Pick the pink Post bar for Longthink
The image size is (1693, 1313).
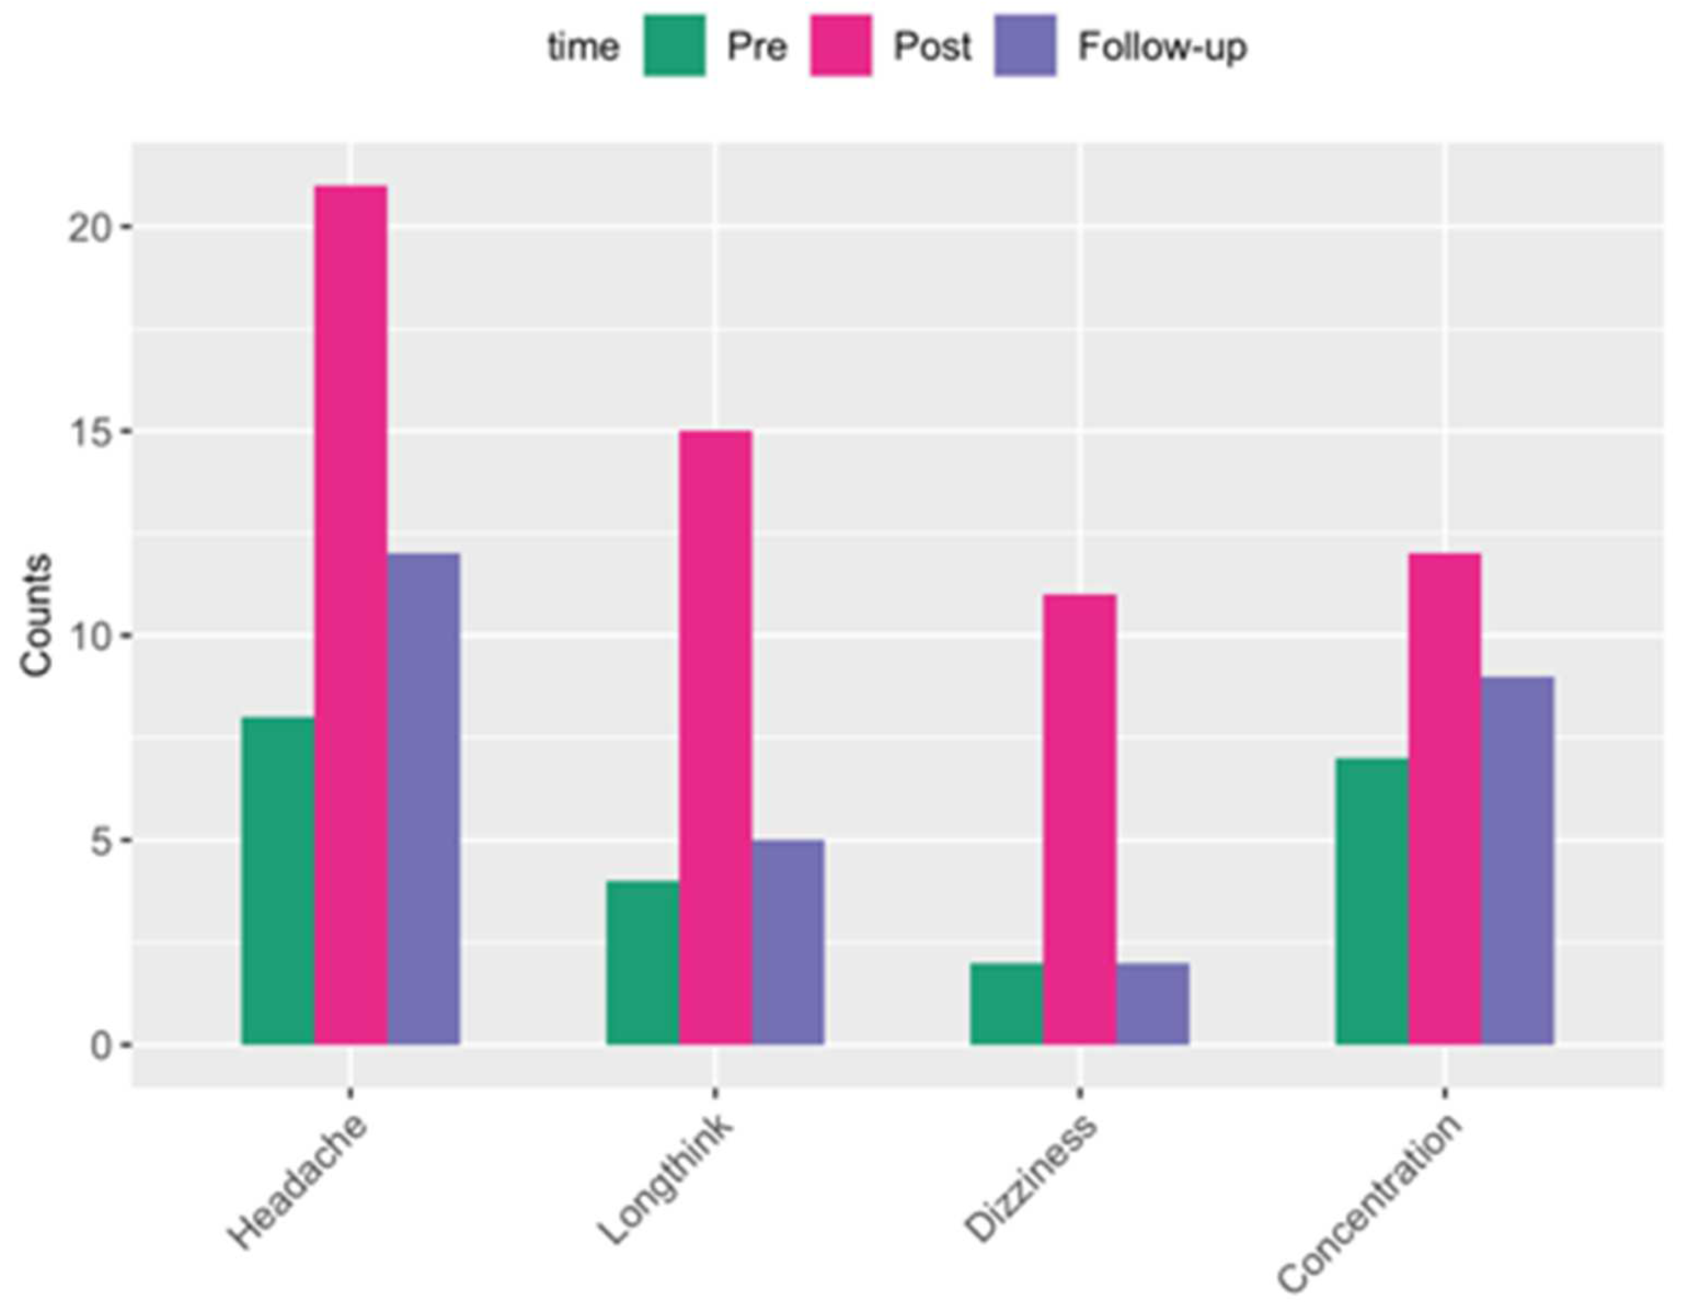[715, 737]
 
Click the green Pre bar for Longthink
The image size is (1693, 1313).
[642, 962]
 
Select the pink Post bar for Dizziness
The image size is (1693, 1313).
[1079, 819]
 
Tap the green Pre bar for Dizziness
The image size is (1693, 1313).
[1006, 1003]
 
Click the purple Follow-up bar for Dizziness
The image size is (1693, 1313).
[1152, 1003]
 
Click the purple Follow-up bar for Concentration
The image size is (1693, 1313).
[1517, 861]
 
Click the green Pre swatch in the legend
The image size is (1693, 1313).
[674, 45]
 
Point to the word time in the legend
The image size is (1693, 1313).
[583, 47]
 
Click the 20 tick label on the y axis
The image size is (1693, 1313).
[90, 228]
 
